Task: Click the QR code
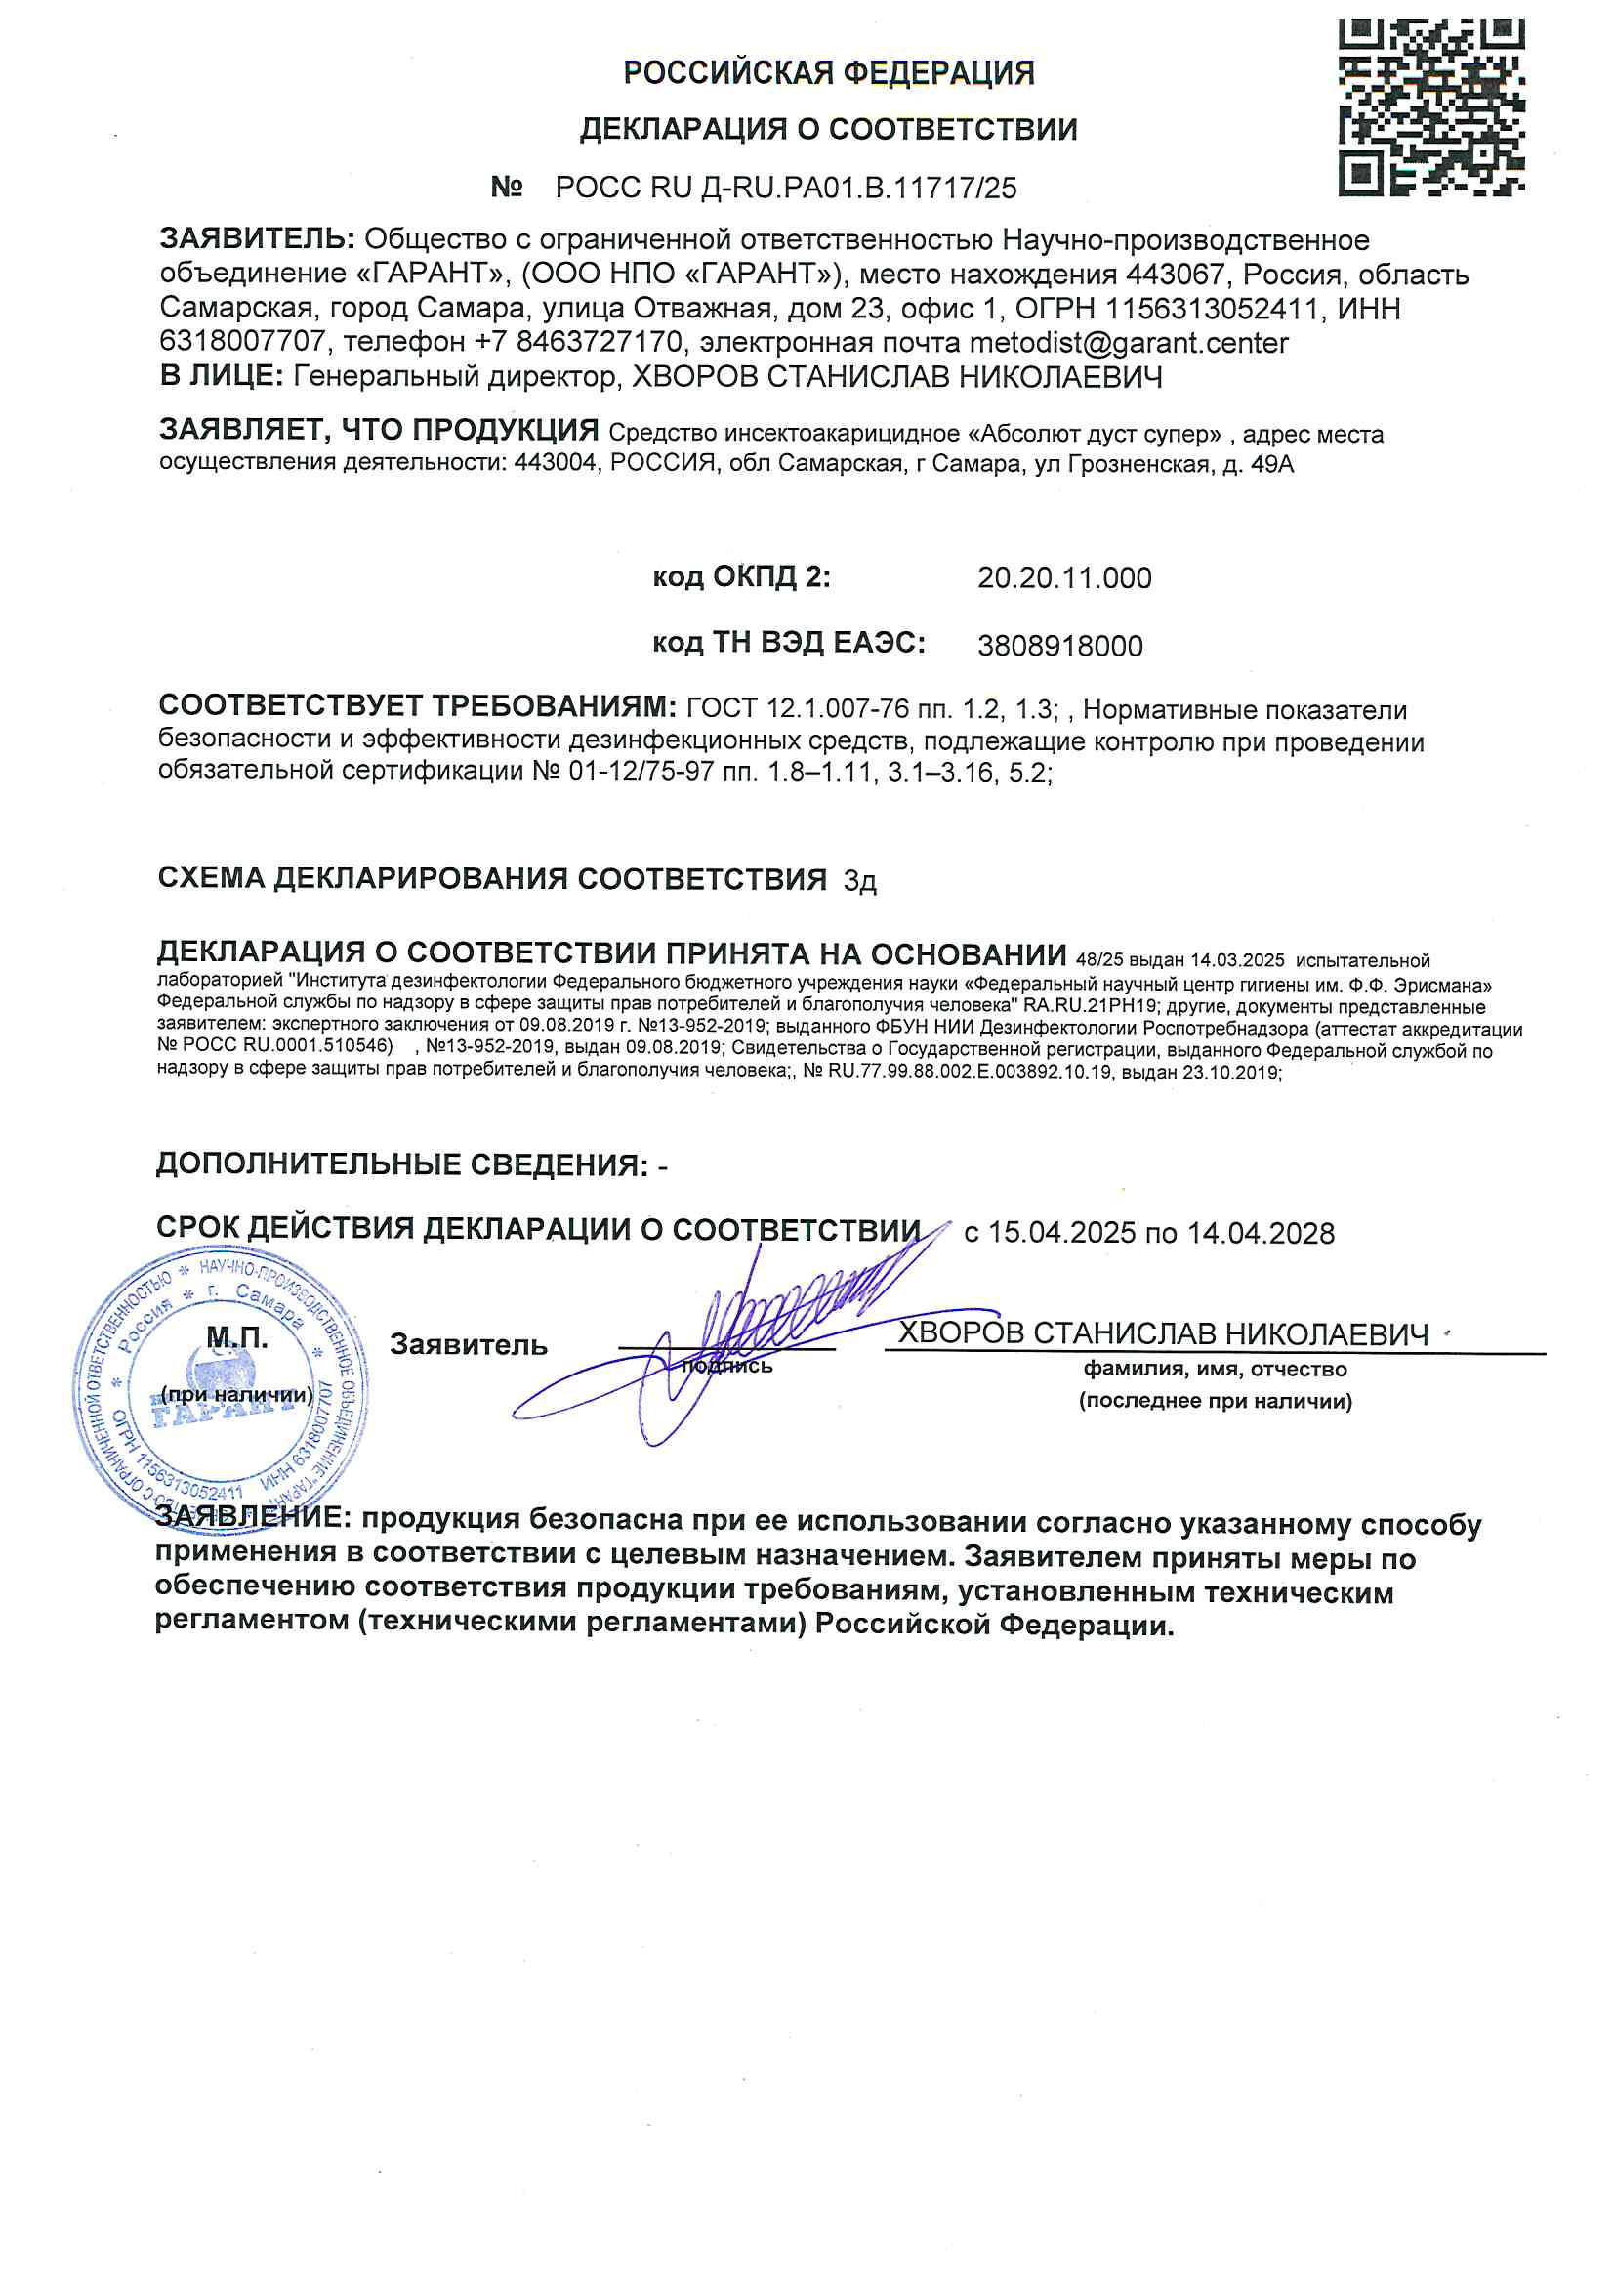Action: pyautogui.click(x=1431, y=106)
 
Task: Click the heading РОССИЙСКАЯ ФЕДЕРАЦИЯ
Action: pyautogui.click(x=828, y=72)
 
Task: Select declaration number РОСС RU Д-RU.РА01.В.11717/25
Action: pyautogui.click(x=786, y=187)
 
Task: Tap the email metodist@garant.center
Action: pyautogui.click(x=1129, y=342)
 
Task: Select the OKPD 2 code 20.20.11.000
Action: pyautogui.click(x=1064, y=578)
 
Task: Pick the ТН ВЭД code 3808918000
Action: pyautogui.click(x=1060, y=647)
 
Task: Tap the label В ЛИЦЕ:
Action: pyautogui.click(x=222, y=376)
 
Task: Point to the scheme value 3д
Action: pyautogui.click(x=859, y=881)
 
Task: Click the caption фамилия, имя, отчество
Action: pyautogui.click(x=1216, y=1370)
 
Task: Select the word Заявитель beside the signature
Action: pyautogui.click(x=469, y=1346)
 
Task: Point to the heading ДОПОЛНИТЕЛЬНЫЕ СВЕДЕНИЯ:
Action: pyautogui.click(x=401, y=1164)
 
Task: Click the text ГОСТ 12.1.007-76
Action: pyautogui.click(x=798, y=710)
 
